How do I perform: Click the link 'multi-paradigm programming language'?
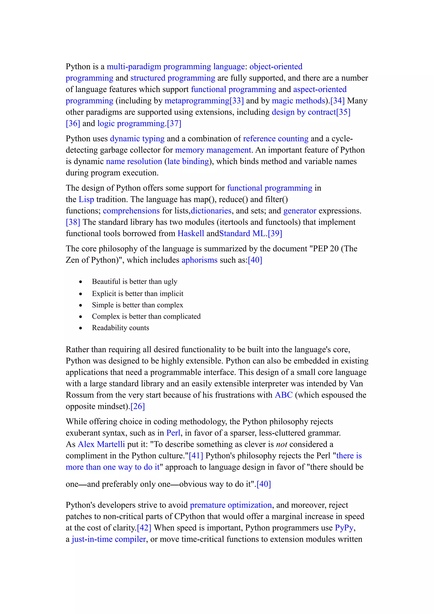(x=176, y=67)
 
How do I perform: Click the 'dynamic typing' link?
(x=137, y=139)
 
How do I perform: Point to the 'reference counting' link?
(x=276, y=139)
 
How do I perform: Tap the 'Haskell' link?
(x=191, y=233)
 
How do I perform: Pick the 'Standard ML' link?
(x=242, y=233)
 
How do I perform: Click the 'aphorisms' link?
(x=199, y=260)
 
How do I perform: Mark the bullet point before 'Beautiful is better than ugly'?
(x=81, y=282)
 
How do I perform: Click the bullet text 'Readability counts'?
(x=120, y=328)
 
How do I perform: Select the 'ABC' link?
(x=284, y=395)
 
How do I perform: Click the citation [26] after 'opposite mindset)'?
(x=138, y=407)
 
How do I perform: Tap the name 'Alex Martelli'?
(x=101, y=445)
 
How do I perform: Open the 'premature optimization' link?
(x=231, y=505)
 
